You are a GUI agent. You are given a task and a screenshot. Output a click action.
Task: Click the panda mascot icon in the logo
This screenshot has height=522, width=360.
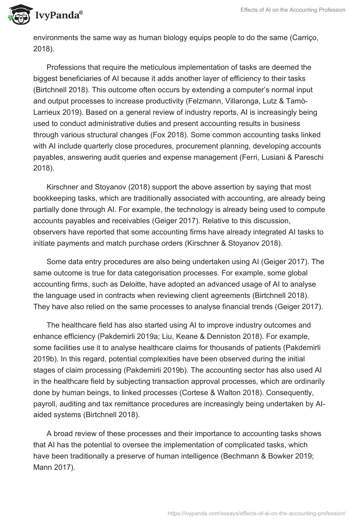pyautogui.click(x=18, y=14)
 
